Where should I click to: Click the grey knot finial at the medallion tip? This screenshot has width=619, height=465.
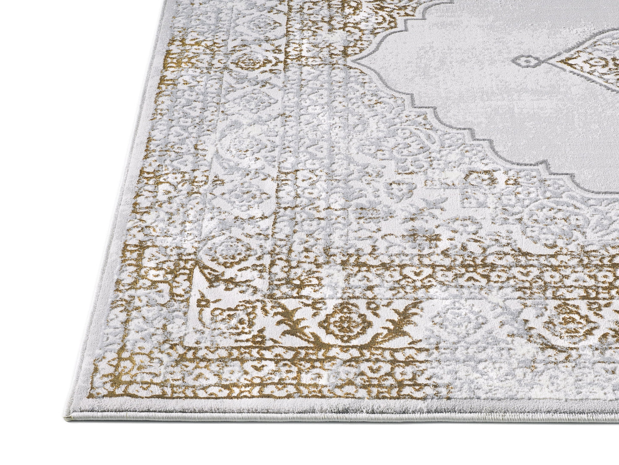(532, 63)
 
